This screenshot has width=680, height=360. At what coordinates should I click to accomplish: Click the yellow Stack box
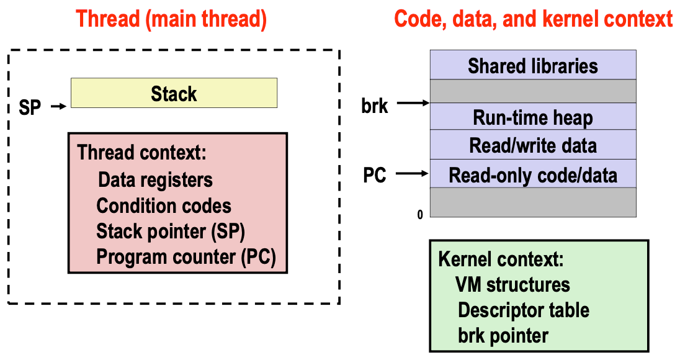pos(174,94)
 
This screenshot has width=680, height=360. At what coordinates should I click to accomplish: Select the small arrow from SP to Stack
pos(58,107)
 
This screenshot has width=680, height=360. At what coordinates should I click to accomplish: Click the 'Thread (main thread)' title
pos(171,19)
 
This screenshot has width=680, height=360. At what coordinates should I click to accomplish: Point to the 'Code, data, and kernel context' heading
pos(533,19)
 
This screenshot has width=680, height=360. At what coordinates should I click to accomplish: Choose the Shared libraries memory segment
pos(532,65)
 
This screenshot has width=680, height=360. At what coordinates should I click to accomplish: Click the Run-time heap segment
pos(532,117)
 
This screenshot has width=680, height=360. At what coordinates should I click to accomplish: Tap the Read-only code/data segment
pos(532,174)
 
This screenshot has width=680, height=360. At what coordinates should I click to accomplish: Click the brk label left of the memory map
pos(374,106)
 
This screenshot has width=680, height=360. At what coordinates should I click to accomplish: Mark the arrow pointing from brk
pos(413,104)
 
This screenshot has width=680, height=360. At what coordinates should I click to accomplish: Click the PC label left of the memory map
pos(374,176)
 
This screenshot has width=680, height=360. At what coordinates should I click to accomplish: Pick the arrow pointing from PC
pos(413,174)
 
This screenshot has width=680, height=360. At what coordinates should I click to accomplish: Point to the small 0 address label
pos(420,215)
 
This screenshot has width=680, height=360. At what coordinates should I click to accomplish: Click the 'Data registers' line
pos(155,180)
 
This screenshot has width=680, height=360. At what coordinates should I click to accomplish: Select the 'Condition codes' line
pos(164,205)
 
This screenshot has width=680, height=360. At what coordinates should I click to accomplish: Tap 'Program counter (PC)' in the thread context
pos(186,256)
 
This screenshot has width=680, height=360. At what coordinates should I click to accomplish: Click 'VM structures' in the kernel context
pos(512,284)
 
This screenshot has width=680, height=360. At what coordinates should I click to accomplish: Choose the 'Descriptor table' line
pos(524,310)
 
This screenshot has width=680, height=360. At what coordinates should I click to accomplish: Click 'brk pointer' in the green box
pos(503,335)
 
